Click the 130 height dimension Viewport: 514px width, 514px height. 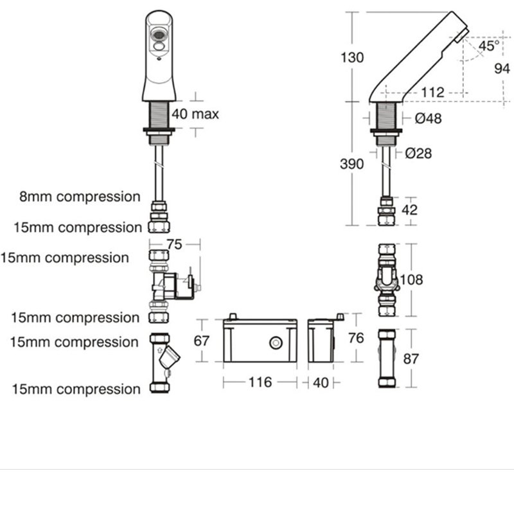(352, 57)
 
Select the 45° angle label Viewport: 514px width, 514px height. (488, 46)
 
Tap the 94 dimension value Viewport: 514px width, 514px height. (502, 69)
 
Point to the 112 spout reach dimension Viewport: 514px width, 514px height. (433, 93)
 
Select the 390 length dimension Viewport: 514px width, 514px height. (352, 164)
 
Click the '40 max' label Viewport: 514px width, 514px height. (195, 114)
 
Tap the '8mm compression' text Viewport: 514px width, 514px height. (79, 197)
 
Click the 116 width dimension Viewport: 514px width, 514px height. (260, 382)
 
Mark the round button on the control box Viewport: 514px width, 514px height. (276, 344)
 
